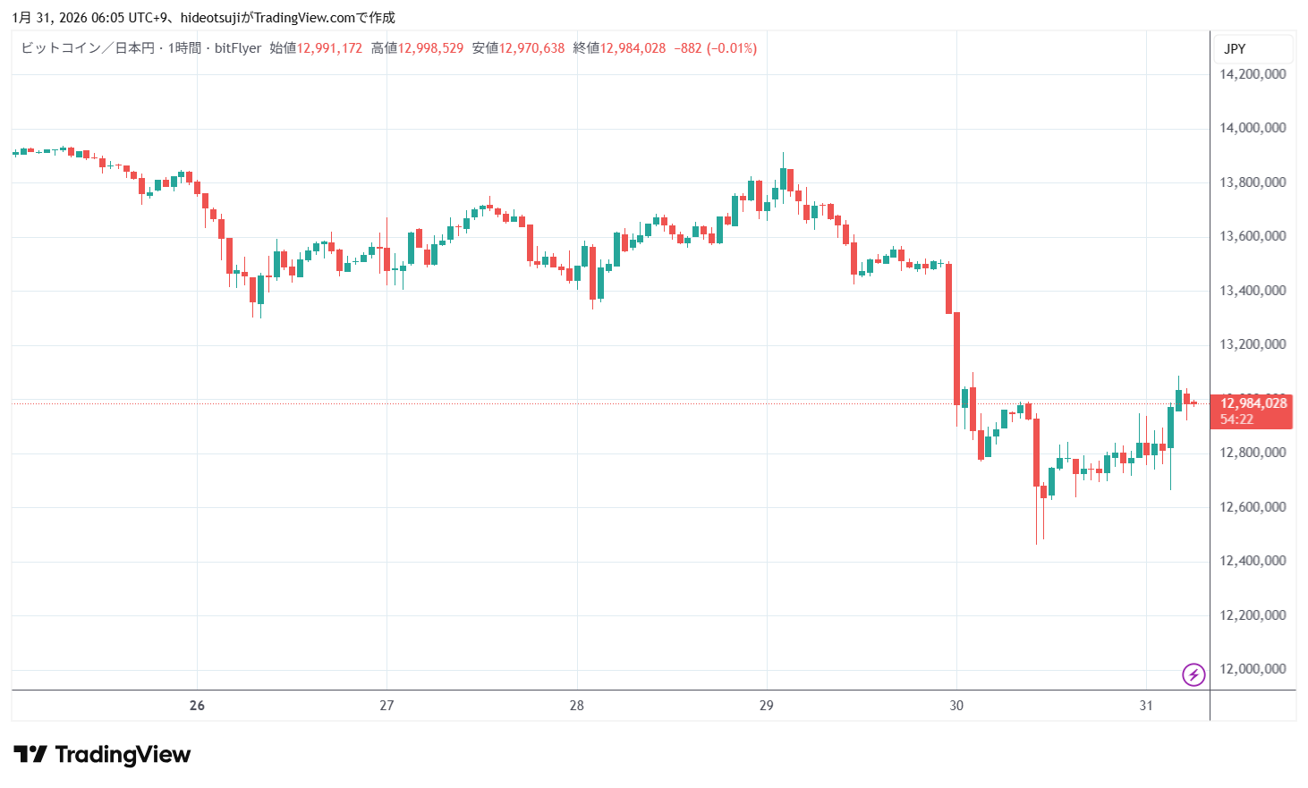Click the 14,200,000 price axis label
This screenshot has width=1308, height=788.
tap(1253, 74)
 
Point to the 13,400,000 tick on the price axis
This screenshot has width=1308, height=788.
tap(1253, 291)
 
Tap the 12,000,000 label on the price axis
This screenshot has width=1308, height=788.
tap(1253, 669)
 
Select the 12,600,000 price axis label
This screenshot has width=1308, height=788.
tap(1253, 507)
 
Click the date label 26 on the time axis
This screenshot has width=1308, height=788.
tap(197, 706)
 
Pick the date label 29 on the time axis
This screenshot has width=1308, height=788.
tap(766, 706)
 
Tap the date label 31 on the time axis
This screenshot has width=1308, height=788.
tap(1146, 706)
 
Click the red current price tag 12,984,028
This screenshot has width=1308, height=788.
tap(1253, 403)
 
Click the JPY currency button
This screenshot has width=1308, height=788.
tap(1235, 49)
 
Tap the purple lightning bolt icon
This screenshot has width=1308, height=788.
tap(1193, 674)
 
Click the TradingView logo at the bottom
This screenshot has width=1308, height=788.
tap(102, 755)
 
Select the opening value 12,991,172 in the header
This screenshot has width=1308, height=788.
tap(329, 48)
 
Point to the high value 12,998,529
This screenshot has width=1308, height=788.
tap(430, 48)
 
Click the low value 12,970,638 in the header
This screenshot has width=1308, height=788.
tap(531, 48)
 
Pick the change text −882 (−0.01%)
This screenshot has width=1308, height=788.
tap(715, 48)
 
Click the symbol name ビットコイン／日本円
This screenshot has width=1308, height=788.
tap(88, 48)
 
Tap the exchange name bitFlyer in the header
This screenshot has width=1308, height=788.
tap(238, 48)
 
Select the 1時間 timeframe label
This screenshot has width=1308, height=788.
tap(184, 48)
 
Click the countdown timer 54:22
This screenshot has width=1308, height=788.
tap(1236, 419)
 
